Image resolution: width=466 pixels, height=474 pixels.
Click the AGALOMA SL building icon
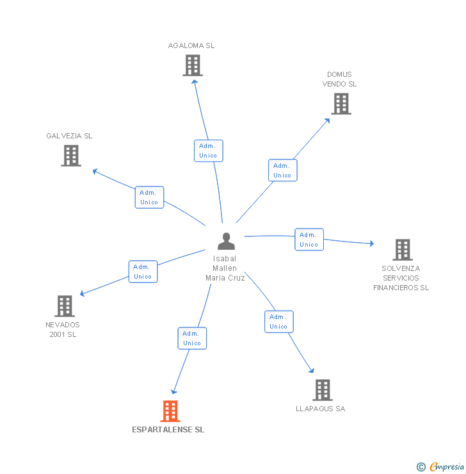tap(192, 65)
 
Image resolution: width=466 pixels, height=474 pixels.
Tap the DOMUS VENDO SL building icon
tap(341, 104)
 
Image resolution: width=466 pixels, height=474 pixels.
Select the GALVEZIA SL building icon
tap(71, 156)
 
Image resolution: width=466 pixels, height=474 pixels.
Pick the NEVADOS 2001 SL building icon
tap(65, 306)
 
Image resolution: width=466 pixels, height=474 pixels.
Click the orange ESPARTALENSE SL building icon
tap(170, 411)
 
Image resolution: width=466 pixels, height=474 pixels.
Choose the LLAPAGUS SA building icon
tap(323, 389)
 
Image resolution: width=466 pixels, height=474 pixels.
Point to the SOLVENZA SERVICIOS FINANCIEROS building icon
tap(402, 250)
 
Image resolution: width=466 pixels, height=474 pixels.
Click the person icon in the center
tap(226, 241)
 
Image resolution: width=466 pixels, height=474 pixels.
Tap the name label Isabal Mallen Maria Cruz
tap(225, 268)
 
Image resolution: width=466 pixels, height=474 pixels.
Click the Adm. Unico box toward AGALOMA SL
tap(208, 151)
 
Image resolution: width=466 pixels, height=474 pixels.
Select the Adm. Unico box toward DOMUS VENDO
tap(282, 170)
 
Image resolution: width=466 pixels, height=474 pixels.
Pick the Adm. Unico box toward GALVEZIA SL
tap(149, 197)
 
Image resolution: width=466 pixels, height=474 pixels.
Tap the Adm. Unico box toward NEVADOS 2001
tap(143, 272)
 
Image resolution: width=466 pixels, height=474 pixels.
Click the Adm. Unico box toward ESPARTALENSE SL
tap(192, 338)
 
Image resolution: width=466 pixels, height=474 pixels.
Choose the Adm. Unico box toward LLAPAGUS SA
tap(278, 322)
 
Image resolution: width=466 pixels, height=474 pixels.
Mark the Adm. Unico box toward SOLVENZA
tap(309, 240)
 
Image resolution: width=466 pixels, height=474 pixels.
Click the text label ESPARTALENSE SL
tap(168, 430)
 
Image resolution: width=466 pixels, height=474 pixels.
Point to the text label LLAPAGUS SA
tap(321, 409)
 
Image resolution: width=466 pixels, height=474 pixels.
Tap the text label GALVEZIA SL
tap(69, 136)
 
